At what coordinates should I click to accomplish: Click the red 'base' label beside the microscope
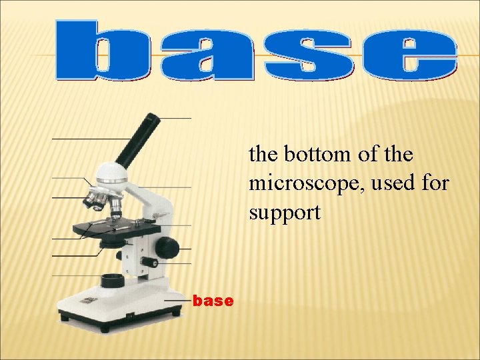point(213,301)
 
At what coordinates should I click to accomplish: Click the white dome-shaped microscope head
point(112,175)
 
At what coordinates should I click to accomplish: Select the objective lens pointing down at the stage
point(115,207)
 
